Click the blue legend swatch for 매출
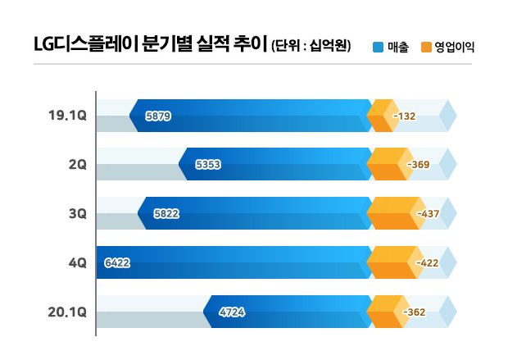coord(378,47)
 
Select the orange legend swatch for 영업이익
coord(426,47)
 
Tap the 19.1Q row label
coord(68,116)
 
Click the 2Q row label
coord(78,164)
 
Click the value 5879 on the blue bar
coord(157,116)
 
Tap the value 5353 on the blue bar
coord(208,165)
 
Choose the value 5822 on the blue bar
coord(166,214)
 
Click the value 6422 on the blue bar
coord(117,263)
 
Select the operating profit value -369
coord(418,165)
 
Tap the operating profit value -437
coord(429,214)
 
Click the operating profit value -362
coord(415,312)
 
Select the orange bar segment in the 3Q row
coord(391,213)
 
